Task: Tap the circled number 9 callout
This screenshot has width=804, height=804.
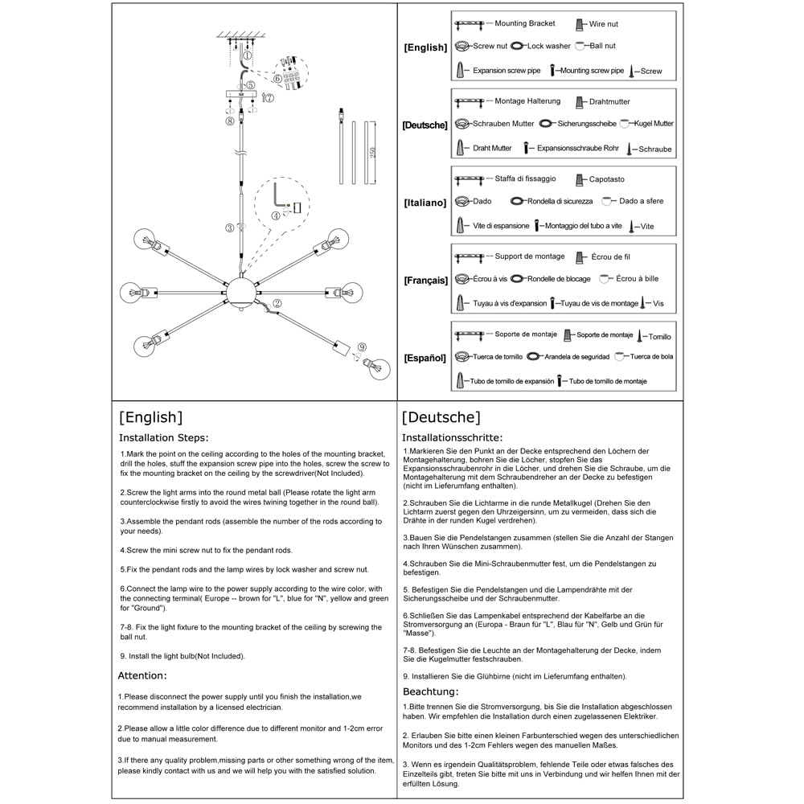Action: pos(362,347)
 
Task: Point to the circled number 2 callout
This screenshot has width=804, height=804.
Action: pos(277,304)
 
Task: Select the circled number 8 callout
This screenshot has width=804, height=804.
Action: pos(230,121)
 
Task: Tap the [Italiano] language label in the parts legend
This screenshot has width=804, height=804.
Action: pos(425,203)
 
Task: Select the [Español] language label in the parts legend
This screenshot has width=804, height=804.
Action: pos(425,358)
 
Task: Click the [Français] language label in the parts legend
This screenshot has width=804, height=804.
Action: pos(425,281)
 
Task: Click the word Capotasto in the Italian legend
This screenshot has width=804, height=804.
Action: pos(606,179)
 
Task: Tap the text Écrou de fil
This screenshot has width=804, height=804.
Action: pos(610,257)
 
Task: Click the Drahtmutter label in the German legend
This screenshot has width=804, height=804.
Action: pos(609,102)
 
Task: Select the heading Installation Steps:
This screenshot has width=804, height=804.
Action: pos(163,438)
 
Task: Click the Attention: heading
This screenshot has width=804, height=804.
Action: pos(142,675)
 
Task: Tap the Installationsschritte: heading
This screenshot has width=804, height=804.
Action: pos(452,438)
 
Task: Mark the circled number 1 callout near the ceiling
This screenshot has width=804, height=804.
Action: pos(248,55)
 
